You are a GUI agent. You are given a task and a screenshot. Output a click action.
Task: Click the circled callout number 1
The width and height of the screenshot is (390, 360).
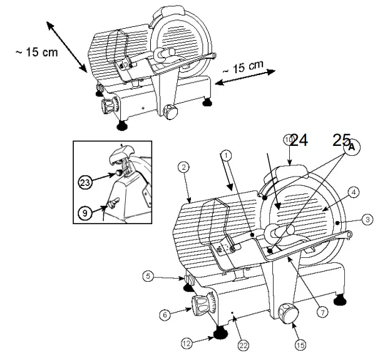click(x=226, y=153)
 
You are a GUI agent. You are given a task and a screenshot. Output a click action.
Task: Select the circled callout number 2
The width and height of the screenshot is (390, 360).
click(x=183, y=167)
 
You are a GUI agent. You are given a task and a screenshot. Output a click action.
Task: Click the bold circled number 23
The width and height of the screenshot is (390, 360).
click(x=85, y=183)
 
